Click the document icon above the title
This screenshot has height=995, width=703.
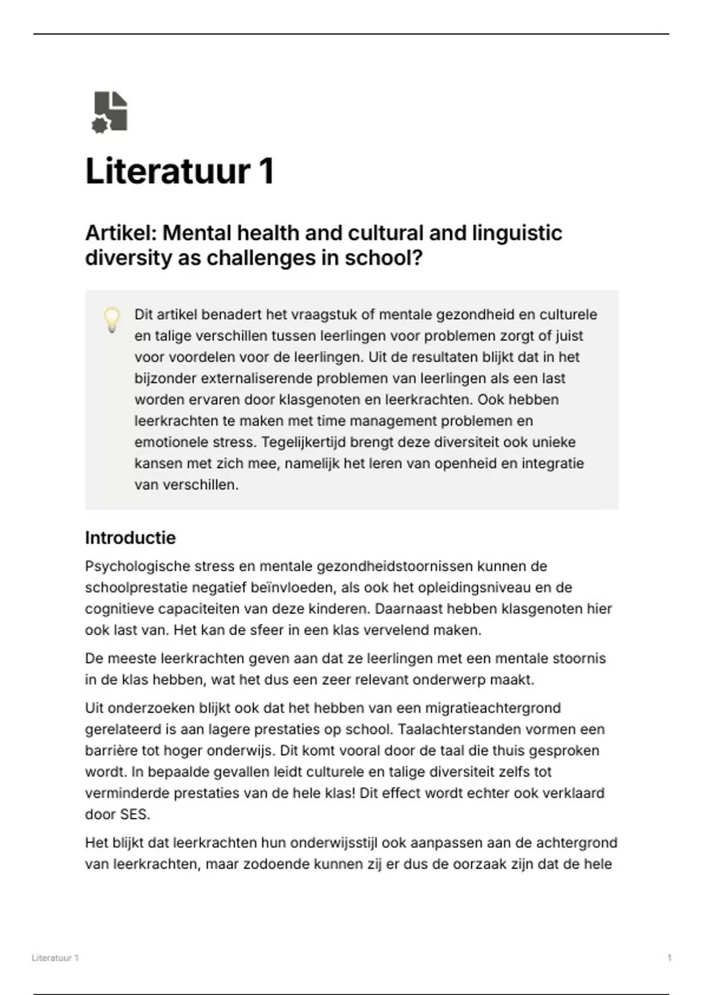pyautogui.click(x=110, y=112)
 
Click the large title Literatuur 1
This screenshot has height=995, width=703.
pyautogui.click(x=180, y=171)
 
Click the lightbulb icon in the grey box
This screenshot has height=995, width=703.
pyautogui.click(x=111, y=320)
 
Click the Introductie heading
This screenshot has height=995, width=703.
pyautogui.click(x=130, y=538)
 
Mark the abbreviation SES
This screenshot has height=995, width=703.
pyautogui.click(x=134, y=815)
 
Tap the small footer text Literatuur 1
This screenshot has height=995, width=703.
pyautogui.click(x=55, y=958)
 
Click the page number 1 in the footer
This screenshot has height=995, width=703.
pyautogui.click(x=669, y=958)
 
